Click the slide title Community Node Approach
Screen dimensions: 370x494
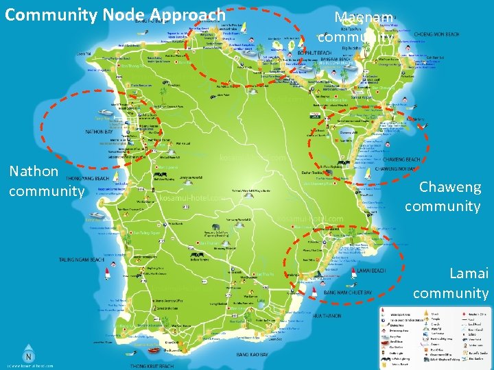point(115,14)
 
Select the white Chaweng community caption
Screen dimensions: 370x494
point(443,196)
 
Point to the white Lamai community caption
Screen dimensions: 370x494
point(451,283)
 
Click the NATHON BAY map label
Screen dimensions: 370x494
point(99,132)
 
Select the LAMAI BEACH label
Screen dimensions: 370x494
point(373,271)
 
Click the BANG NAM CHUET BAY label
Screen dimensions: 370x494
point(347,293)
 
